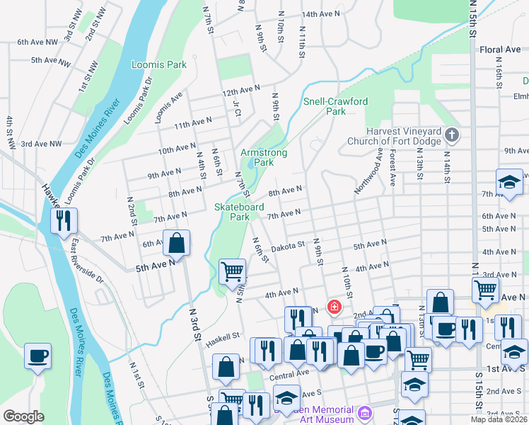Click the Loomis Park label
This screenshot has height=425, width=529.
click(159, 64)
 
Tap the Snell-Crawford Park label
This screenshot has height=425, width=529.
click(335, 106)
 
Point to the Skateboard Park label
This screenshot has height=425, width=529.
click(239, 212)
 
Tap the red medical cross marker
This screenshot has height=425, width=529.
click(333, 307)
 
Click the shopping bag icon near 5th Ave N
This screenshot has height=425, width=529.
click(177, 243)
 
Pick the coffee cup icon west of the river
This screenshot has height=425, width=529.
click(37, 356)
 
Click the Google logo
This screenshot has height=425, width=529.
click(23, 416)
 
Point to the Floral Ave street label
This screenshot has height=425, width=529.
click(499, 50)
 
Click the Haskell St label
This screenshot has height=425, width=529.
click(223, 340)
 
